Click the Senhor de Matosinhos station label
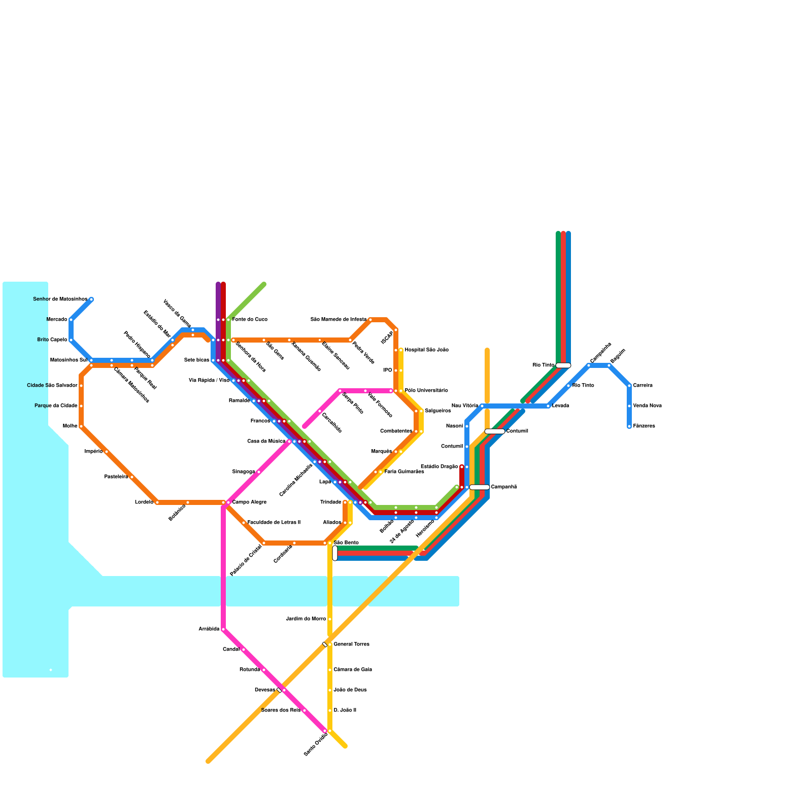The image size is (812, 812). pyautogui.click(x=60, y=299)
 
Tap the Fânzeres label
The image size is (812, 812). pyautogui.click(x=644, y=426)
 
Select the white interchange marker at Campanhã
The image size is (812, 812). pyautogui.click(x=479, y=487)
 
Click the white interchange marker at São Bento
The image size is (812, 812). pyautogui.click(x=335, y=553)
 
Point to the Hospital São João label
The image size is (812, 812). pyautogui.click(x=426, y=350)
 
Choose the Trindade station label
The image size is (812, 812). pyautogui.click(x=331, y=502)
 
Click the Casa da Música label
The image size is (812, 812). pyautogui.click(x=266, y=442)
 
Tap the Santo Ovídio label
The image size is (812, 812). pyautogui.click(x=316, y=745)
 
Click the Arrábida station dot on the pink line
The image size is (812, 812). pyautogui.click(x=223, y=629)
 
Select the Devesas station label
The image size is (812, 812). pyautogui.click(x=264, y=690)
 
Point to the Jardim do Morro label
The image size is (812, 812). pyautogui.click(x=306, y=619)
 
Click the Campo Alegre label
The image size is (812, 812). pyautogui.click(x=249, y=502)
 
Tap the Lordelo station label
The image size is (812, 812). pyautogui.click(x=144, y=502)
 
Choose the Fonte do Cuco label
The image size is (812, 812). pyautogui.click(x=250, y=320)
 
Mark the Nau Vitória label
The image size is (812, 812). pyautogui.click(x=464, y=406)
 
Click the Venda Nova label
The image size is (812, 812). pyautogui.click(x=647, y=406)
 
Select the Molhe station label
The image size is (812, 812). pyautogui.click(x=70, y=426)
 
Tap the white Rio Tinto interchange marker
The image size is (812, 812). pyautogui.click(x=563, y=365)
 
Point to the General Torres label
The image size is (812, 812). pyautogui.click(x=351, y=645)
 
